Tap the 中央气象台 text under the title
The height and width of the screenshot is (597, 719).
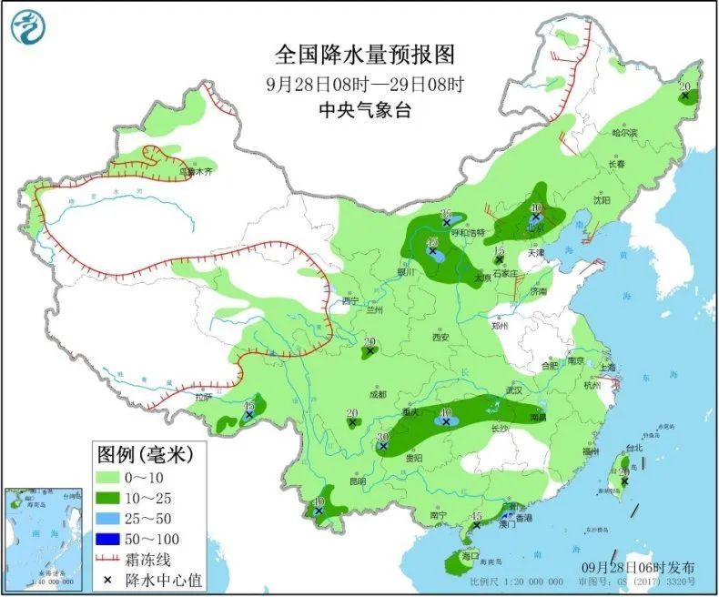click(363, 110)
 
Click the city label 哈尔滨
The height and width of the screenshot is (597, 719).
click(624, 133)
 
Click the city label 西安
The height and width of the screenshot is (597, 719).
click(441, 337)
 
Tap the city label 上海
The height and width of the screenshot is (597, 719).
click(608, 367)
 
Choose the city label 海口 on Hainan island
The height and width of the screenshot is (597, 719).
click(470, 555)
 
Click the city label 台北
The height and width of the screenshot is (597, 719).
click(633, 448)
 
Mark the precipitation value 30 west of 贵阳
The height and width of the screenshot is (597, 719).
click(383, 438)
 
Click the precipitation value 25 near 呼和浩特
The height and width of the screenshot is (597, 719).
click(446, 213)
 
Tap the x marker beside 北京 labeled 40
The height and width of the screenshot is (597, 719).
click(536, 218)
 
